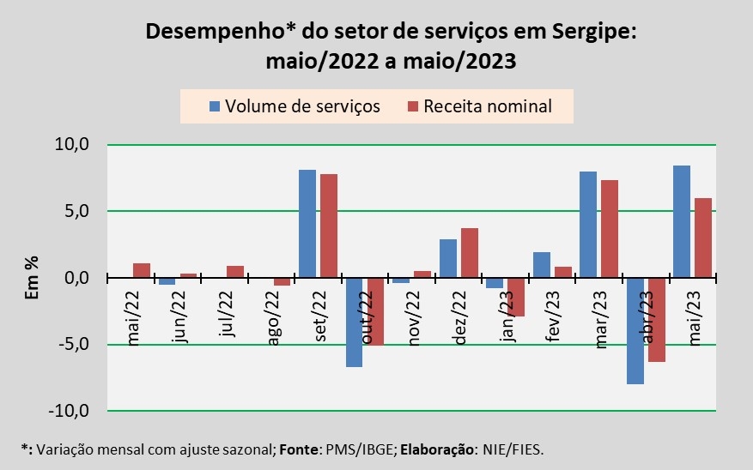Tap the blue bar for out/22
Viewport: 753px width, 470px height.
[354, 322]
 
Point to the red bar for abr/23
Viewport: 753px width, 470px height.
[656, 320]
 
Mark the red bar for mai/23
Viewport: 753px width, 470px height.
[703, 238]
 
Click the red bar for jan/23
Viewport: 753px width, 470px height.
[516, 298]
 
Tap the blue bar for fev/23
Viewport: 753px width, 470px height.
[541, 265]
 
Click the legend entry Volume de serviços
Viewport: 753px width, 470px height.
[295, 106]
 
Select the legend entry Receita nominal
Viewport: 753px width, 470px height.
[487, 106]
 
